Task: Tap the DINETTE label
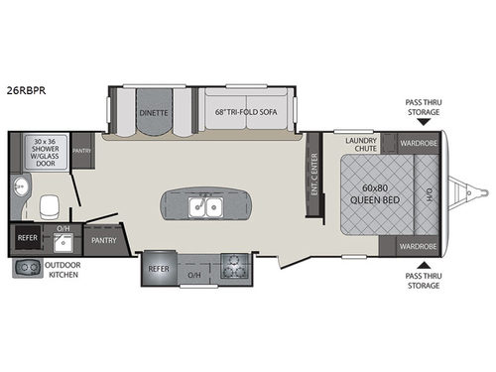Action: click(154, 113)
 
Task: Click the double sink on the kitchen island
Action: click(203, 206)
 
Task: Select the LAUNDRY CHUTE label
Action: click(362, 146)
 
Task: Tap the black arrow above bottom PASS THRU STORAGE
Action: click(425, 264)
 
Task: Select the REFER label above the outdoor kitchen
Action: click(27, 239)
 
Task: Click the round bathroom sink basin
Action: click(19, 186)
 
